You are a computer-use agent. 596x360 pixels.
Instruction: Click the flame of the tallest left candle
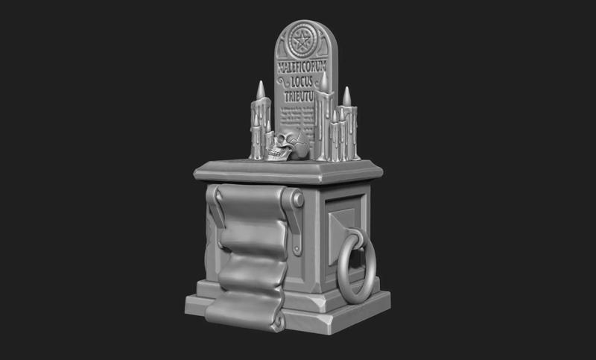[x=261, y=89]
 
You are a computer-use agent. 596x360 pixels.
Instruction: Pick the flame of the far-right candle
[x=346, y=95]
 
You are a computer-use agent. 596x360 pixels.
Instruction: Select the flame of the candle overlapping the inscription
[x=324, y=81]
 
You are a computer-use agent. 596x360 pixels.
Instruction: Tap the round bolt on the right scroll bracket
[x=297, y=199]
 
